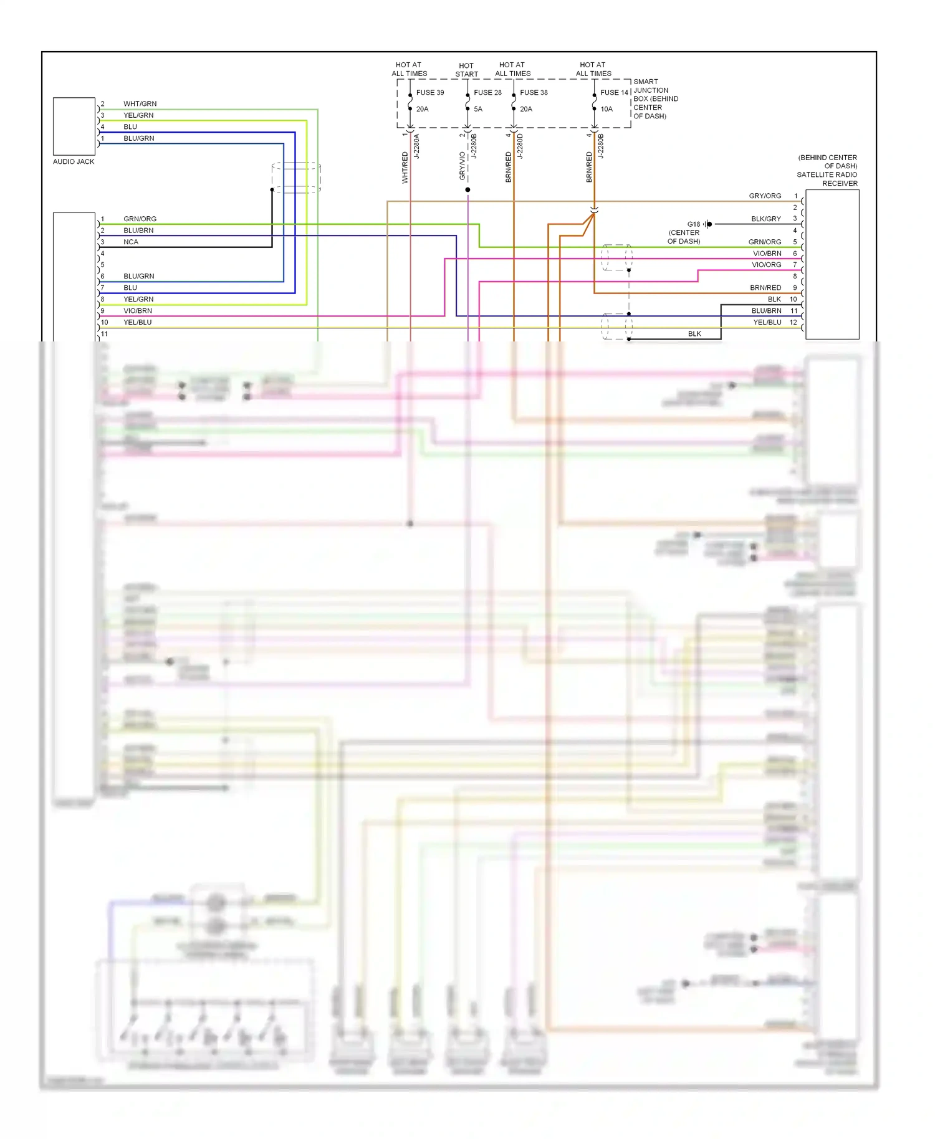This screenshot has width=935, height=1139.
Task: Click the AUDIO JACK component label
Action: (74, 161)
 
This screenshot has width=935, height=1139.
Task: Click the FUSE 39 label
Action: (430, 92)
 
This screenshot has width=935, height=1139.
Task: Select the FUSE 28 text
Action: (487, 92)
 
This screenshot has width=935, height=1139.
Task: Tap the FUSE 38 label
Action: (534, 92)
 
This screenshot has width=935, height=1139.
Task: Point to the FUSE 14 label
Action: (614, 92)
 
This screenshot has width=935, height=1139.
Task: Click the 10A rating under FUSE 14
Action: (607, 109)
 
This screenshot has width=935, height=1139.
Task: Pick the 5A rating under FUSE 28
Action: (478, 109)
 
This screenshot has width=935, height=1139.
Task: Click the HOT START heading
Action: (466, 70)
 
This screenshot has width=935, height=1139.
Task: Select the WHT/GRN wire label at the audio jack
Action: (140, 103)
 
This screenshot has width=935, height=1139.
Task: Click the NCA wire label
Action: (131, 242)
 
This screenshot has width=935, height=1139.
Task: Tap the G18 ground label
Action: (693, 224)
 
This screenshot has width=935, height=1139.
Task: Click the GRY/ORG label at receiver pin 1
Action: (765, 196)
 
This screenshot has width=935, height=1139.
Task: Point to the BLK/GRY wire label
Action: (765, 219)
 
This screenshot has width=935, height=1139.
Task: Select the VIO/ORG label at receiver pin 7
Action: (766, 265)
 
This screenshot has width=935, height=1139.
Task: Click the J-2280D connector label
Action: (520, 146)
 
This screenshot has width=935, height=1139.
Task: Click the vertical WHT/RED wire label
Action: (405, 167)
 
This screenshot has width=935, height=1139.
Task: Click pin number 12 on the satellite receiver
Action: (793, 322)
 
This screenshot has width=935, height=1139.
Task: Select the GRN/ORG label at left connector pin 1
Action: (140, 219)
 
